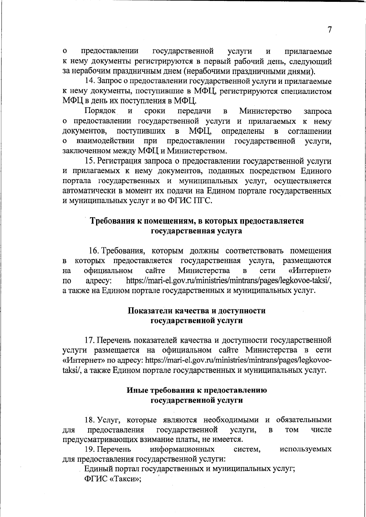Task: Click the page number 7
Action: click(x=329, y=30)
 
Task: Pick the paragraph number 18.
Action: click(x=90, y=420)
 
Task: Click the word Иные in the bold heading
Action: click(x=136, y=390)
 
